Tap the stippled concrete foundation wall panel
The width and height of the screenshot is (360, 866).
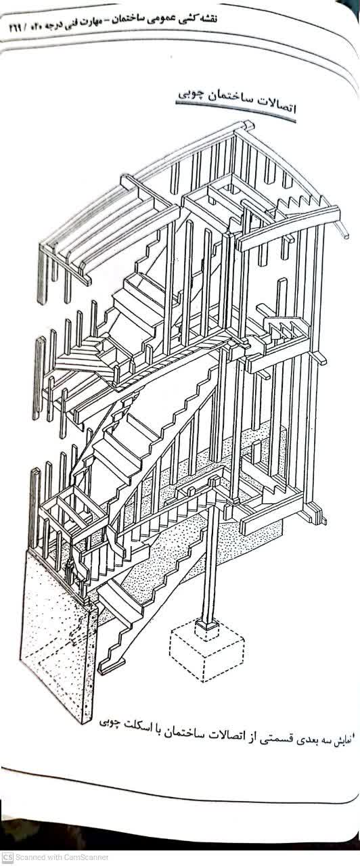[x=58, y=634]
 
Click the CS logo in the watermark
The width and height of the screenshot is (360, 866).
[x=7, y=858]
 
